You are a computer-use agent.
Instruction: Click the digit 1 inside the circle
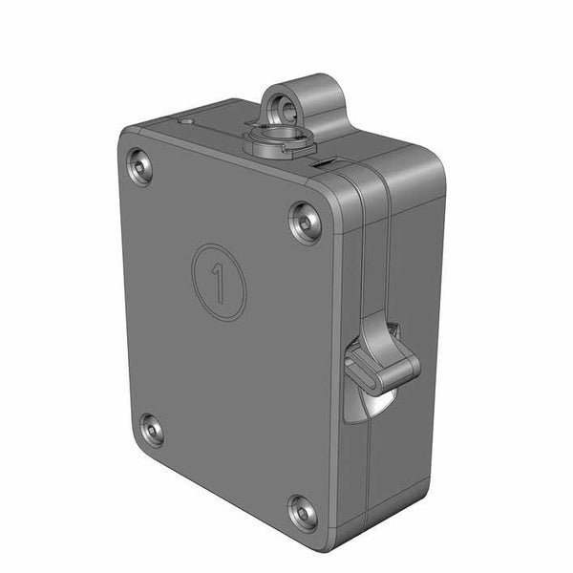click(x=219, y=283)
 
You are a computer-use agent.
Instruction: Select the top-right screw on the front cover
click(x=305, y=223)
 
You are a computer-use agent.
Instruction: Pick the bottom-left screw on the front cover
click(x=151, y=430)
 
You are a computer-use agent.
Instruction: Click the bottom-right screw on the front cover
click(x=303, y=514)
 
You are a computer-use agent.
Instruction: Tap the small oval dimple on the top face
click(x=185, y=121)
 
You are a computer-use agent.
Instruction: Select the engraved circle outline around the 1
click(x=194, y=267)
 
